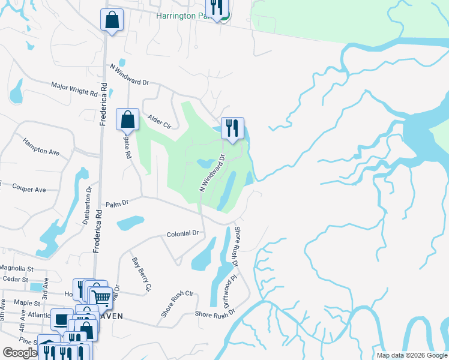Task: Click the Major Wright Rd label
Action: click(74, 89)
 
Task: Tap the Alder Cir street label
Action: click(159, 123)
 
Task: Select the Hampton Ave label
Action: click(41, 147)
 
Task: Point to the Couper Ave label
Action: click(29, 190)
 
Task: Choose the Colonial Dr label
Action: click(182, 233)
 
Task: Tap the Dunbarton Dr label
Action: click(88, 205)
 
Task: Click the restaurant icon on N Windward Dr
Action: click(232, 127)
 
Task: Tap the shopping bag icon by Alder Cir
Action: click(128, 119)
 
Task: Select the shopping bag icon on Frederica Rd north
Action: click(112, 19)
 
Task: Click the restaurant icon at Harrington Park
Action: click(216, 7)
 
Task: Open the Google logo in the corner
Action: click(20, 353)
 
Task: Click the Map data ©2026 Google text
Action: click(412, 355)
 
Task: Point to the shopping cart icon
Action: click(101, 296)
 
